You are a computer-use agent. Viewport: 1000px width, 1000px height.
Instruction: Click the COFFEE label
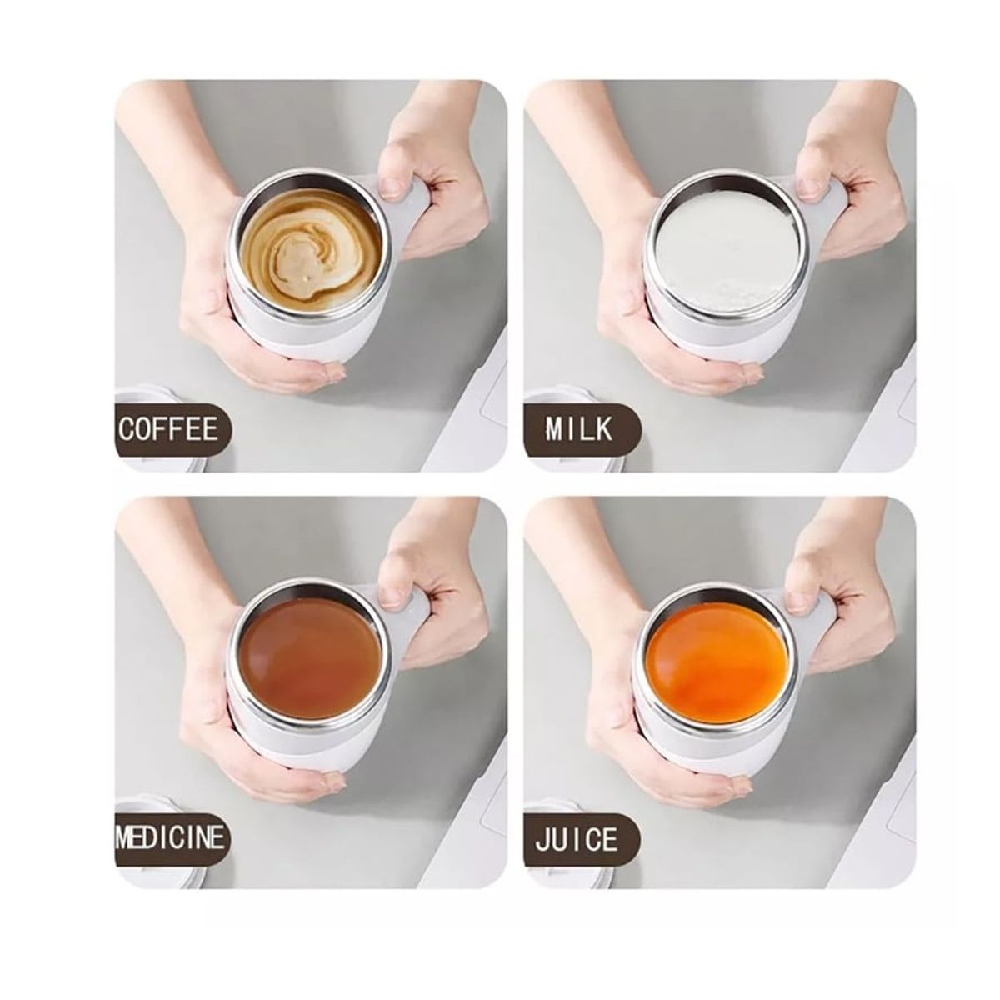pyautogui.click(x=168, y=429)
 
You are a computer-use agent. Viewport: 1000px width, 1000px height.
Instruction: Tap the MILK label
pyautogui.click(x=579, y=429)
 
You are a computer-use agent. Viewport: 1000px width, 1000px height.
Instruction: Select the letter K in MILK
pyautogui.click(x=603, y=429)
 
